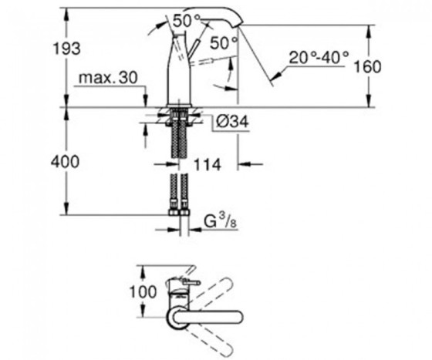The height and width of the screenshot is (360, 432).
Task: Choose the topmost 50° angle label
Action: [x=186, y=20]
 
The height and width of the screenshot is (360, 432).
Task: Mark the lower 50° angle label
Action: [x=223, y=44]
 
